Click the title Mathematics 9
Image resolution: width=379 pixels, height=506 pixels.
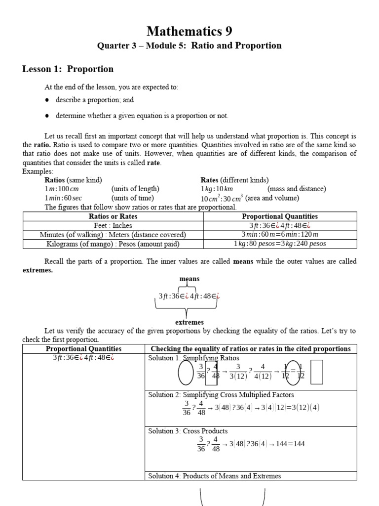point(189,31)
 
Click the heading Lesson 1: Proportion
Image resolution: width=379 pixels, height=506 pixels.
point(68,69)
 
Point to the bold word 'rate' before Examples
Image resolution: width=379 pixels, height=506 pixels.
point(154,163)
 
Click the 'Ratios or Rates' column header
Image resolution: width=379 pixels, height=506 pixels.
point(113,216)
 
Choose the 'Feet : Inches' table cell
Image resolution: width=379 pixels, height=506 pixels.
point(113,225)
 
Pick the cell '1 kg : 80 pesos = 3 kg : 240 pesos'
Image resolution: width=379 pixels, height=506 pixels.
point(280,244)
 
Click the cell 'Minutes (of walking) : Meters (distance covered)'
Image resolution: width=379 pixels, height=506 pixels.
point(113,235)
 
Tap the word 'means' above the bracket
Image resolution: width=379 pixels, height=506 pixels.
point(189,279)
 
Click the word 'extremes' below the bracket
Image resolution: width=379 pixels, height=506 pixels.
point(189,322)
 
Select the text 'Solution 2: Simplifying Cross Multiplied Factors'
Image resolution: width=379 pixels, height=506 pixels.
point(221,395)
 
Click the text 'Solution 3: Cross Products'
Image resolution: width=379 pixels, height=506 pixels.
point(188,431)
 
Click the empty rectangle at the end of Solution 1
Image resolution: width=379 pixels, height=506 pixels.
point(317,372)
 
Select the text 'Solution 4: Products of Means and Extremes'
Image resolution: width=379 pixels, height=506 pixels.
point(215,476)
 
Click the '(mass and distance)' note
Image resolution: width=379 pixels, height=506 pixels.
point(297,189)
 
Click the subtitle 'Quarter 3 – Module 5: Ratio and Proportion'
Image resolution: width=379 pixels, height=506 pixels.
point(189,46)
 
